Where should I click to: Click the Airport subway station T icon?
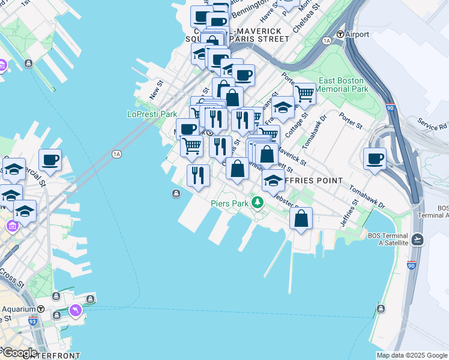click(340, 34)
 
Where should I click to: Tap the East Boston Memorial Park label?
click(341, 85)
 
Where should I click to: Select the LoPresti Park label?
click(152, 113)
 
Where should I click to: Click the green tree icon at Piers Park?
click(258, 202)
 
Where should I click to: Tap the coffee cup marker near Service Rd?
click(375, 159)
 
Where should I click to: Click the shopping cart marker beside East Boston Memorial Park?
click(304, 93)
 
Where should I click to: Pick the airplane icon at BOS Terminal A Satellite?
click(418, 239)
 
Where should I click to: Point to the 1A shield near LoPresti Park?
click(116, 154)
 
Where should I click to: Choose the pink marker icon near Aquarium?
click(76, 310)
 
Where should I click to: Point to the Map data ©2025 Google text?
click(412, 355)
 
